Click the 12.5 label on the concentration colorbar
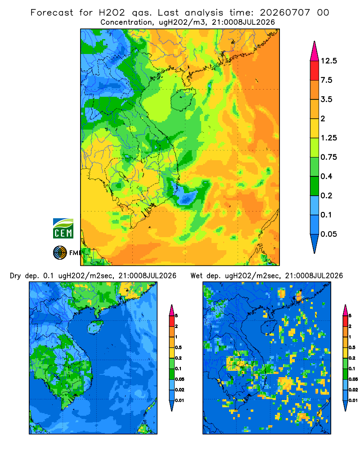tap(328, 61)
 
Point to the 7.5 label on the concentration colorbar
tap(326, 80)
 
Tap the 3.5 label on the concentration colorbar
tap(326, 99)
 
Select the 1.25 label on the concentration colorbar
tap(328, 138)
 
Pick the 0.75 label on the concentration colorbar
tap(328, 157)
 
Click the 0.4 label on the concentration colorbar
tap(326, 176)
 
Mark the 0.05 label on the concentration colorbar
tap(328, 234)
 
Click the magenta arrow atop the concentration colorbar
tap(315, 51)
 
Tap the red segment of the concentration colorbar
tap(315, 71)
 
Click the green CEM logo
tap(63, 229)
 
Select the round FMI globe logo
tap(60, 252)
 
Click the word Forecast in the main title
tap(52, 13)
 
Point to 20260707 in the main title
tap(285, 13)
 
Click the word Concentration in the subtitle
tap(126, 22)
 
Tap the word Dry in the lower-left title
tap(15, 276)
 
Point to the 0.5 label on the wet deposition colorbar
tap(352, 347)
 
